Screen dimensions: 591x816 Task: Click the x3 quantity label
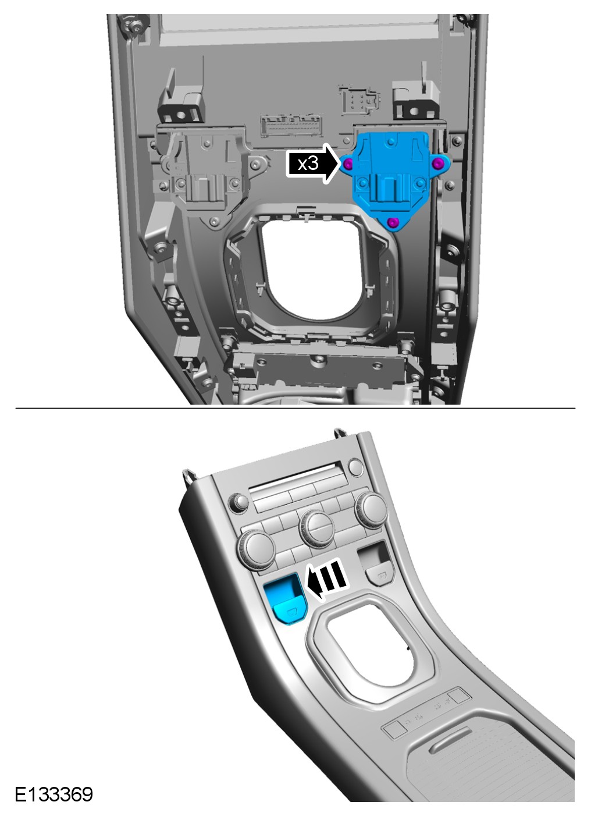point(308,164)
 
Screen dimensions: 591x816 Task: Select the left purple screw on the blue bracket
point(348,165)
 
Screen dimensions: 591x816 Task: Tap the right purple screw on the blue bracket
point(439,165)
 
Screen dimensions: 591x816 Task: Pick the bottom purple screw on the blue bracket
point(392,222)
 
